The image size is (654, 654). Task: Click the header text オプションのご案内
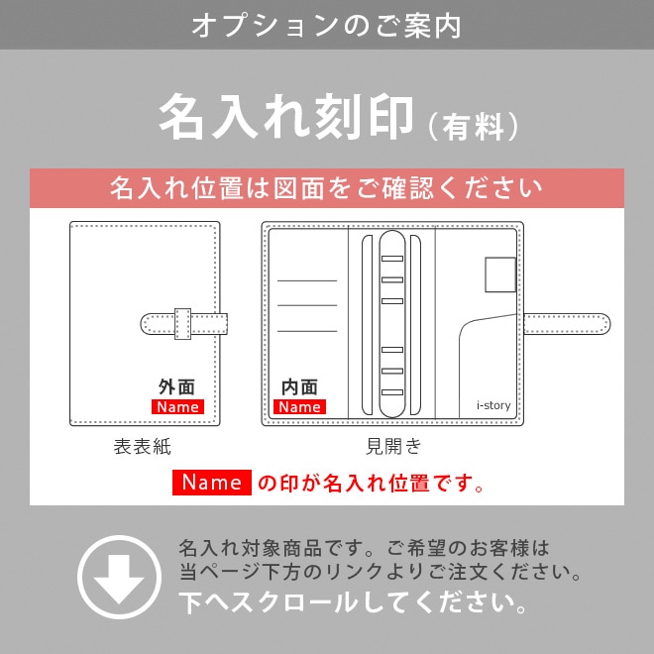[x=326, y=25]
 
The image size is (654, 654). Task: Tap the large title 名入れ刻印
[x=285, y=118]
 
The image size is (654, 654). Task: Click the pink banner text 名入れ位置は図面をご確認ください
[x=326, y=188]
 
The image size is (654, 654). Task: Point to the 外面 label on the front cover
[x=176, y=386]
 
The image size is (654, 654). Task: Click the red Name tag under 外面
[x=177, y=406]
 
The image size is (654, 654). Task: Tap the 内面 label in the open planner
[x=299, y=386]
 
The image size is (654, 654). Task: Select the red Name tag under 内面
[x=299, y=406]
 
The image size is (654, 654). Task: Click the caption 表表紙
[x=143, y=447]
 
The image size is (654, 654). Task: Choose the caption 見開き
[x=393, y=447]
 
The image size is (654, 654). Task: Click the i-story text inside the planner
[x=493, y=404]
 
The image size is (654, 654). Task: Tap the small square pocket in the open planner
[x=500, y=274]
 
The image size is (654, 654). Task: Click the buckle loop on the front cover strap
[x=182, y=323]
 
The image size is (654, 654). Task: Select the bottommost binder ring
[x=393, y=390]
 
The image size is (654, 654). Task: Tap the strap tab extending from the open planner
[x=567, y=323]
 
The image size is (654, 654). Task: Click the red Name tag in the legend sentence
[x=212, y=483]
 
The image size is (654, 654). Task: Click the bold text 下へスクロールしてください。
[x=353, y=601]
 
